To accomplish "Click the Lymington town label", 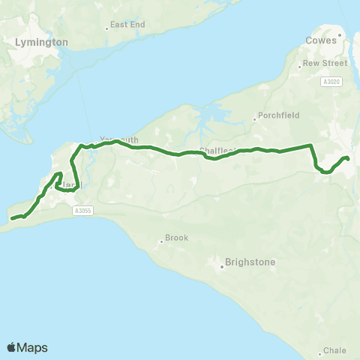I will [x=41, y=43].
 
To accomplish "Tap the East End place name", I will [x=127, y=25].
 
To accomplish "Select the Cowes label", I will [x=321, y=40].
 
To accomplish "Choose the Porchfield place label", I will [x=278, y=116].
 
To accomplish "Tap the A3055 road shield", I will [x=82, y=211].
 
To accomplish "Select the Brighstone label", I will [x=250, y=263].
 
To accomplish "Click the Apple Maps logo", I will [x=27, y=347].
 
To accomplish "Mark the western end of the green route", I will [x=12, y=219].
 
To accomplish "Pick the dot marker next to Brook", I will [x=160, y=241].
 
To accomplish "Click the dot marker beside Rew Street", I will [x=300, y=64].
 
